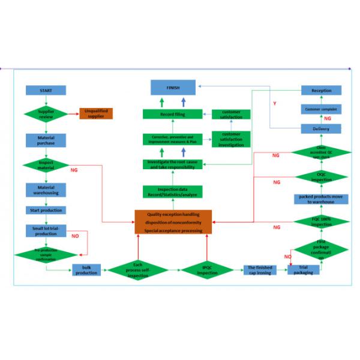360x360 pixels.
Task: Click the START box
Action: tap(46, 90)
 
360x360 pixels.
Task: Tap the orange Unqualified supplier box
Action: tap(96, 113)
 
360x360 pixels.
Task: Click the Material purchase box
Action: tap(46, 141)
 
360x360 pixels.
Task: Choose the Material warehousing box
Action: tap(46, 190)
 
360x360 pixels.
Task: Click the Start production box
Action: tap(46, 210)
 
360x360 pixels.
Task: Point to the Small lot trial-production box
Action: tap(46, 230)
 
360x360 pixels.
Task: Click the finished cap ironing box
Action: tap(259, 270)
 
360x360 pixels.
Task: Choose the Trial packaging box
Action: tap(304, 270)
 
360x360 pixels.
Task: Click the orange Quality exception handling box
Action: tap(173, 222)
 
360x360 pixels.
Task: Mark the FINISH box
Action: tap(173, 88)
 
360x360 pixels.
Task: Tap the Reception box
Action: tap(321, 90)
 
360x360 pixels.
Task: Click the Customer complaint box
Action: tap(321, 109)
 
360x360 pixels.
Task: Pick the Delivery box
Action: tap(321, 128)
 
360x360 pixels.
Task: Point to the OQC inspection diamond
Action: tap(321, 177)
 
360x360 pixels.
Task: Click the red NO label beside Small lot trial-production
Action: tap(75, 236)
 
